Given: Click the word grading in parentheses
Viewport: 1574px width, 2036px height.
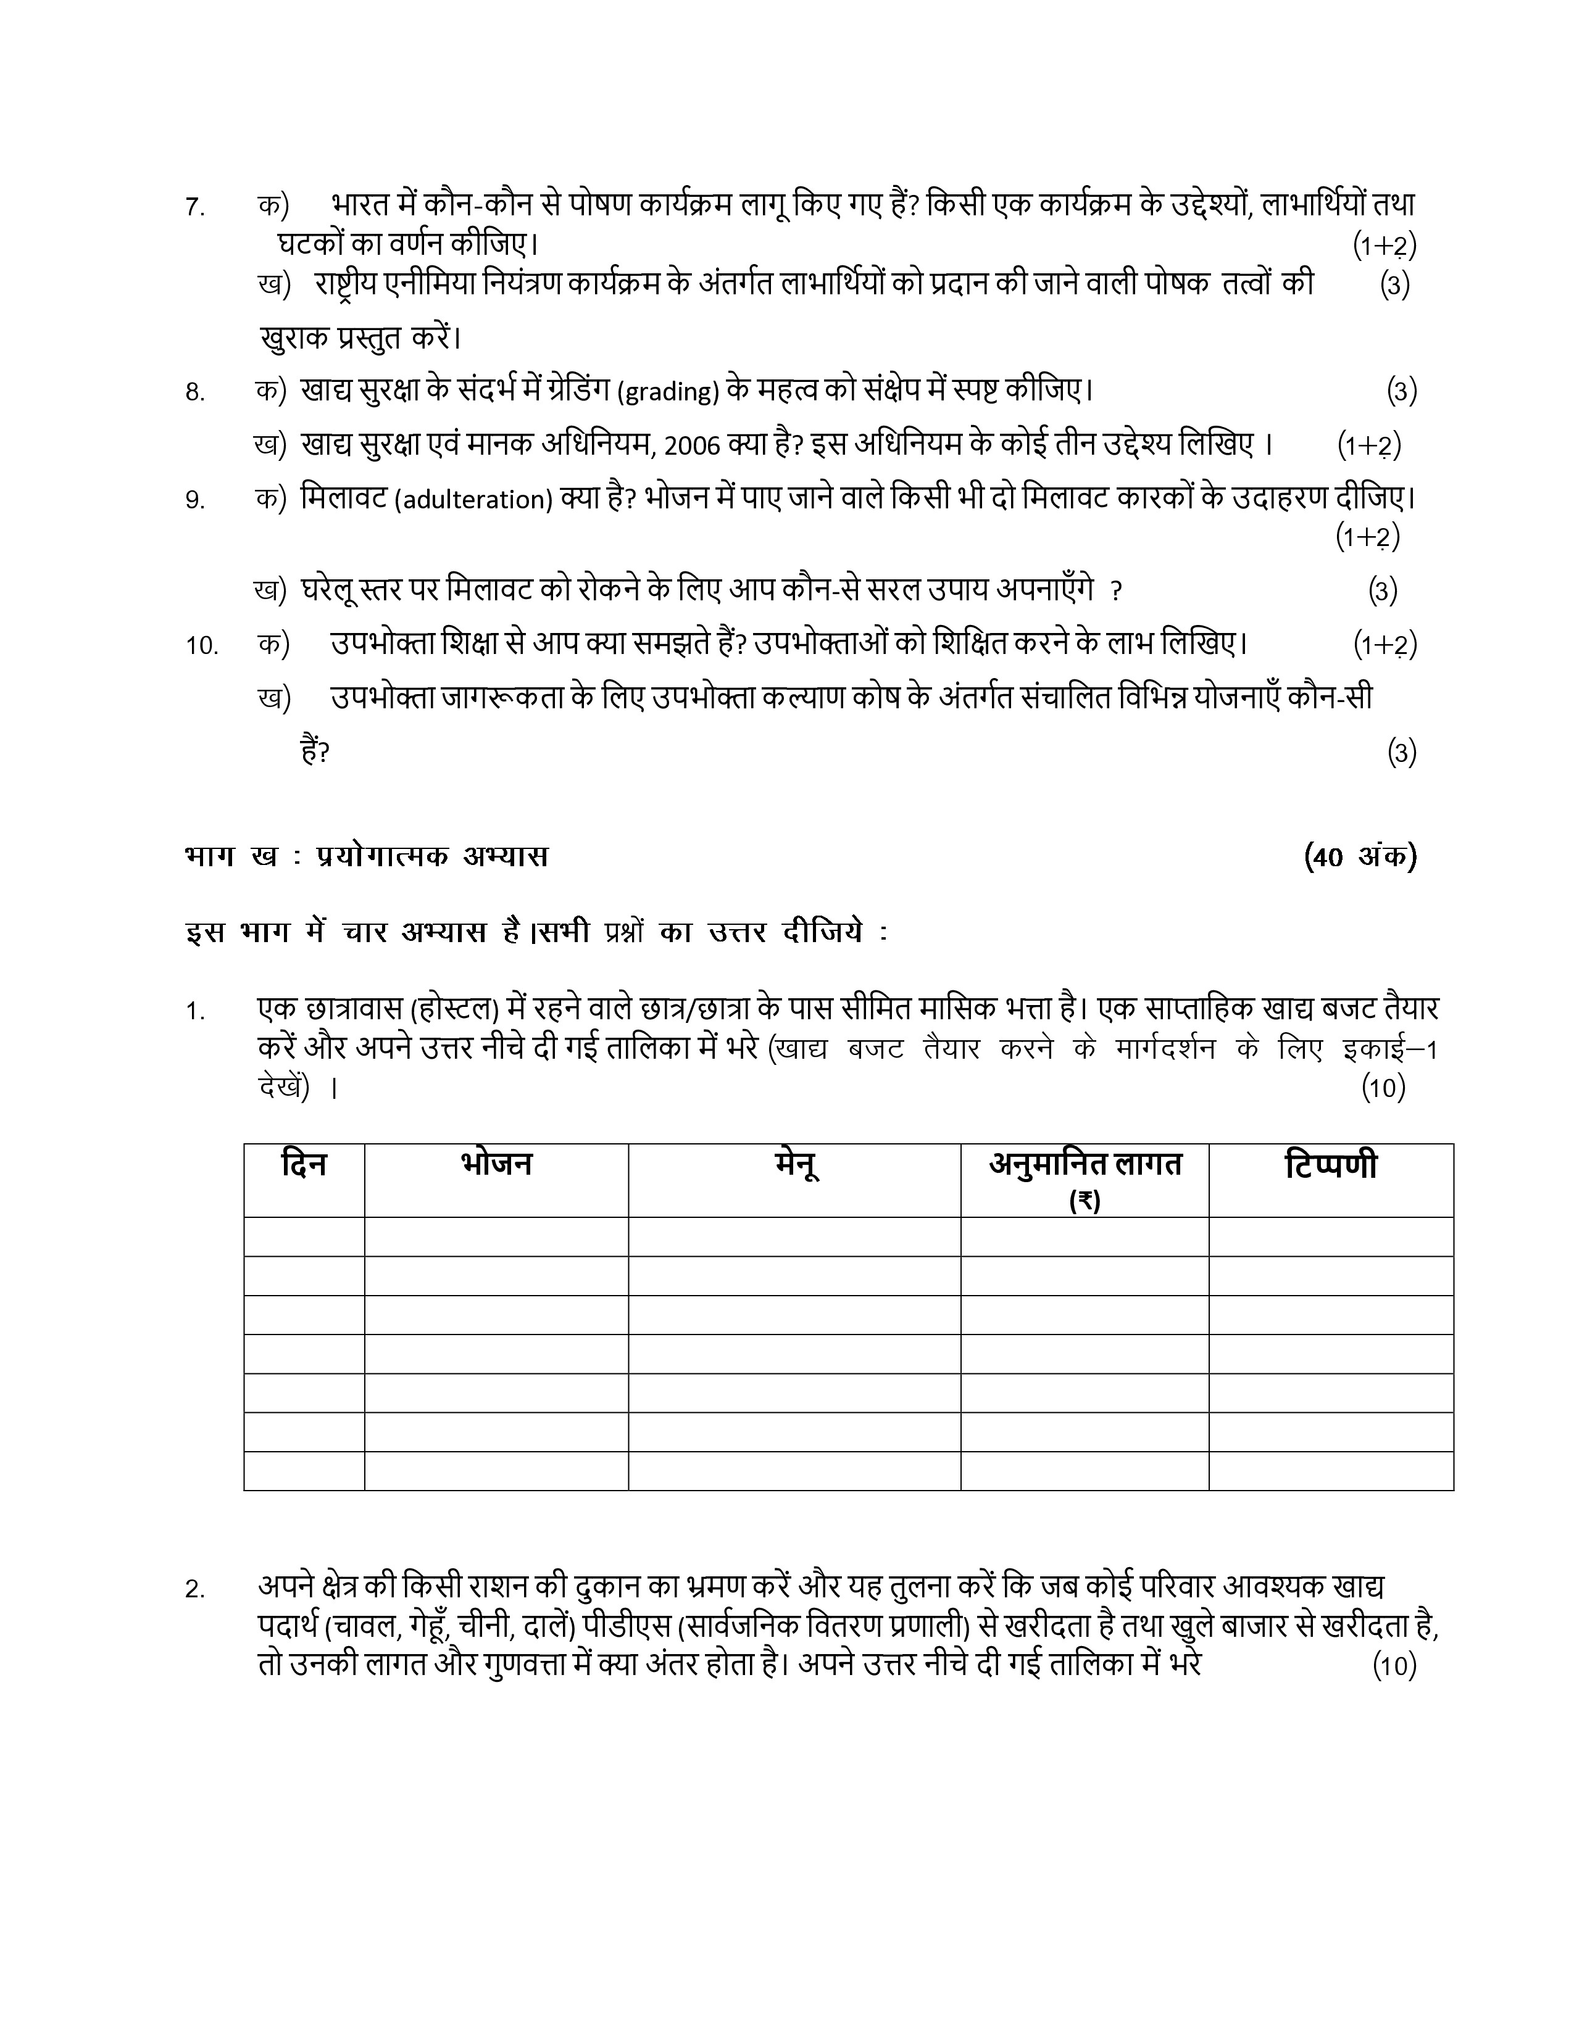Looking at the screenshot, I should click(x=668, y=392).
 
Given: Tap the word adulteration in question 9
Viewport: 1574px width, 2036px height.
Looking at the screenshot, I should click(x=473, y=500).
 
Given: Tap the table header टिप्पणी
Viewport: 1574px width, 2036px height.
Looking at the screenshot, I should click(x=1331, y=1165).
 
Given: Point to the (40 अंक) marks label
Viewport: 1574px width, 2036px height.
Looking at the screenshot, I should click(x=1360, y=856).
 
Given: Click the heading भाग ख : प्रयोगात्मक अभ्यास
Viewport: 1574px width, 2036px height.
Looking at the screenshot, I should click(x=367, y=856).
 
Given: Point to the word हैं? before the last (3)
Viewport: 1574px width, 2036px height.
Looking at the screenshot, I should click(x=315, y=751).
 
